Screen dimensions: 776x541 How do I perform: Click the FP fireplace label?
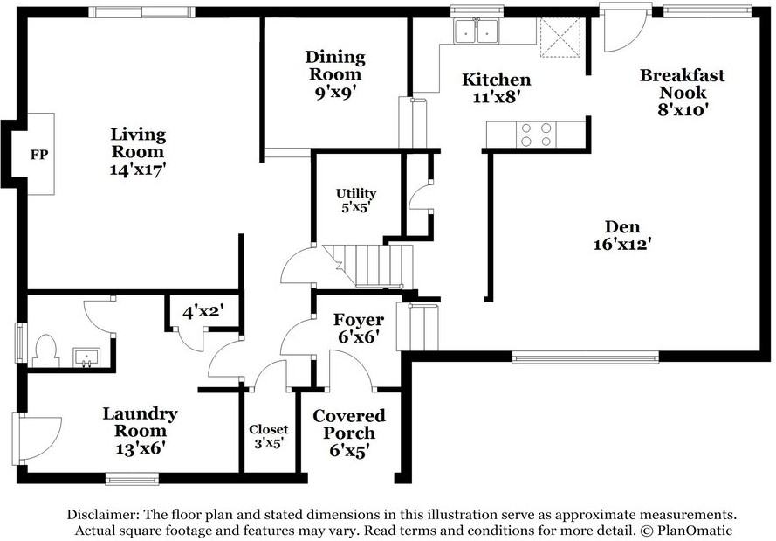click(39, 155)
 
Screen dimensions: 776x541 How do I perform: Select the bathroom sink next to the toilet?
click(86, 357)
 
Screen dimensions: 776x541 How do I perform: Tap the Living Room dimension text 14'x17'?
click(138, 170)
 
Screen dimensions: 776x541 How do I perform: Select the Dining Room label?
click(335, 66)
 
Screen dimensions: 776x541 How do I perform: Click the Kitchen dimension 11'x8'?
click(496, 97)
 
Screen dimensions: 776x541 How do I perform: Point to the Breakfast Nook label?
click(682, 84)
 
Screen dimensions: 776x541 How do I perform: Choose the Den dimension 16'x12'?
click(622, 244)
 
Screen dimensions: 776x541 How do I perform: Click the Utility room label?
click(356, 193)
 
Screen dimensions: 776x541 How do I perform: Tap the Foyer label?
click(358, 320)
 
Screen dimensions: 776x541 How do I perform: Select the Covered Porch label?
click(349, 424)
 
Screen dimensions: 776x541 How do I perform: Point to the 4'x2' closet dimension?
click(203, 312)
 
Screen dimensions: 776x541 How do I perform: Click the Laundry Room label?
click(140, 422)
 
